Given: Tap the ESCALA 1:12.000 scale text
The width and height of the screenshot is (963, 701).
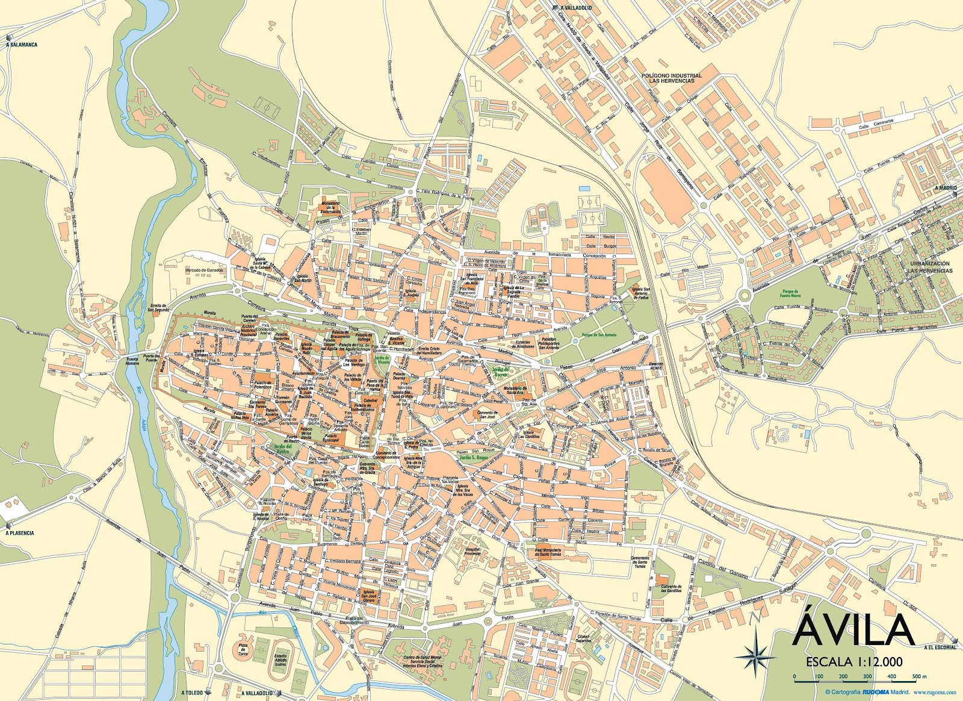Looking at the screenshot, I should click(854, 661).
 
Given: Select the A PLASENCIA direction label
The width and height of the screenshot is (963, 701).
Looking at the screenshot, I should click(20, 533).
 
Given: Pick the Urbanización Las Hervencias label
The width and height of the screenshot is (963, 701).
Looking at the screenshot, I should click(930, 267).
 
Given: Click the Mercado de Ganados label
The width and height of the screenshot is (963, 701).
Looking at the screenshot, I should click(205, 270).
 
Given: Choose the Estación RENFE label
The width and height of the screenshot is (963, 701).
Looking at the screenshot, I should click(655, 366).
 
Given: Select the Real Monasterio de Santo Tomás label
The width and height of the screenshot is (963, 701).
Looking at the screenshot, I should click(548, 552).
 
